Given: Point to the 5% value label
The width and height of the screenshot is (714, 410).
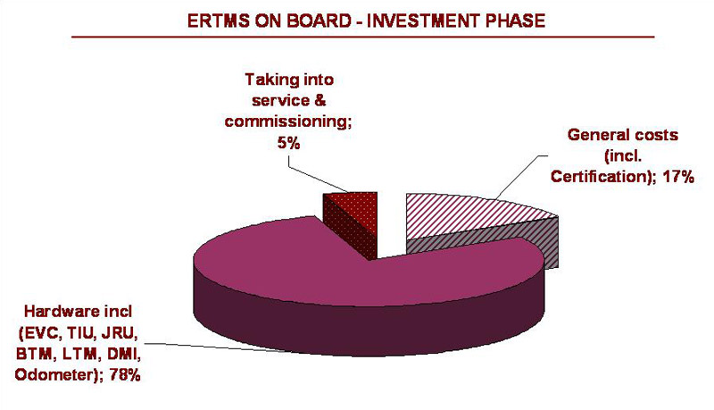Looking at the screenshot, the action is (x=288, y=144).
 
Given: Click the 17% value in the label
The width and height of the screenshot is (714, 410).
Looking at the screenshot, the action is (x=677, y=176).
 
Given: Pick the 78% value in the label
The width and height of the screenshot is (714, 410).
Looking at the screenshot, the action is (x=124, y=375).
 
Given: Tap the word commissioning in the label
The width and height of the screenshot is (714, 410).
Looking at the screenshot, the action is (x=288, y=121).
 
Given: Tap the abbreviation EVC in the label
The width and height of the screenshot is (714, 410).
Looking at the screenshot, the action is (x=41, y=333).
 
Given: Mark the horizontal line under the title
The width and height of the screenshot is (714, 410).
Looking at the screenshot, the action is (x=363, y=37).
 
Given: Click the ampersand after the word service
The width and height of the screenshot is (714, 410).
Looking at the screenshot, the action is (x=320, y=101).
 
